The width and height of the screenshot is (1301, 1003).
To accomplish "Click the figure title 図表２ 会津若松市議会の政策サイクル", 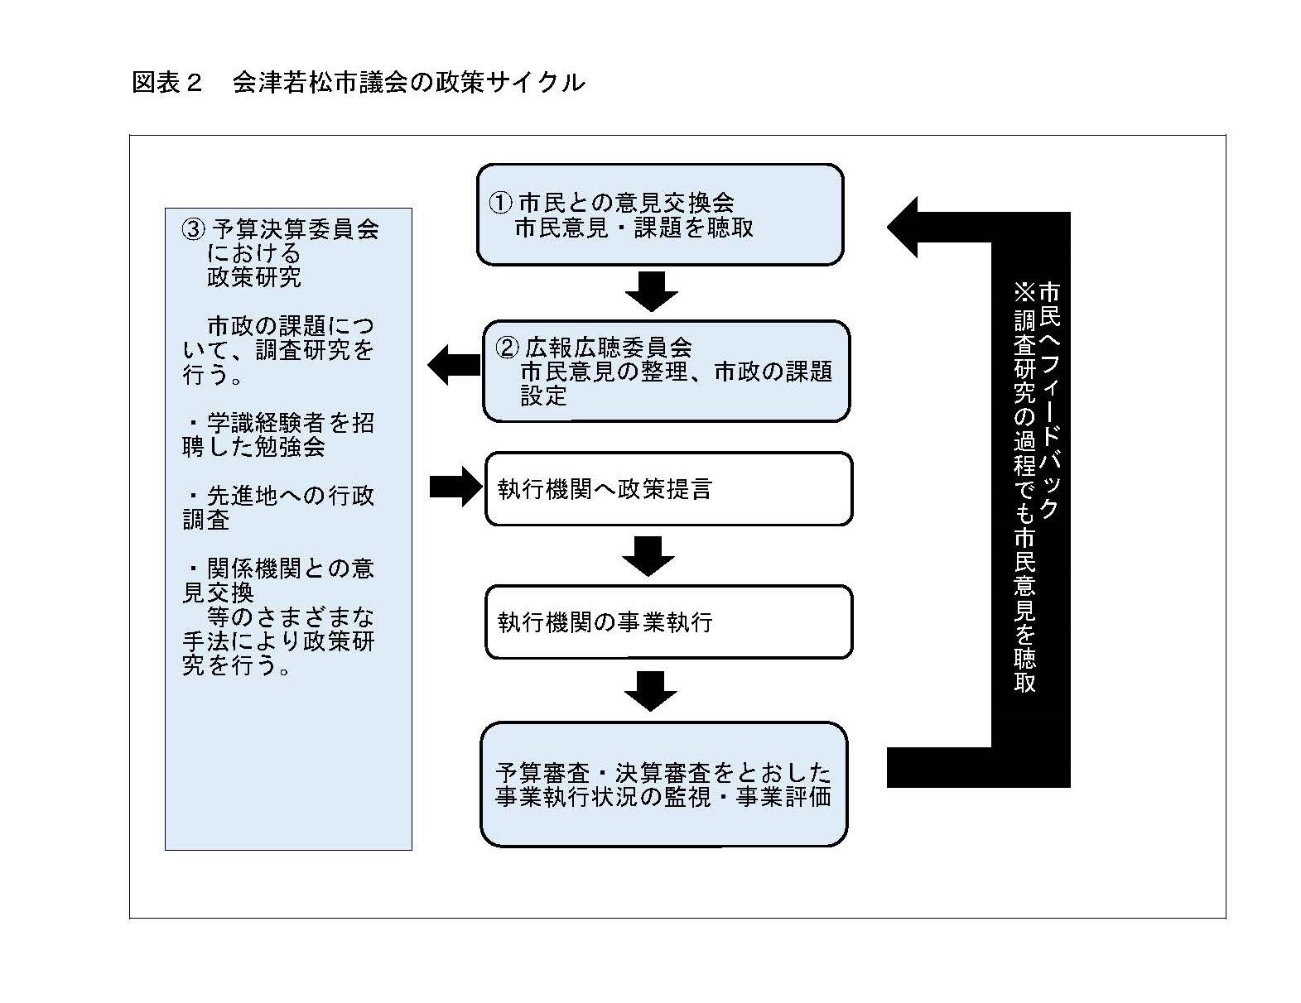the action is tap(358, 83).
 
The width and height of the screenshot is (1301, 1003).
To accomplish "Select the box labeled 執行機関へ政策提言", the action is tap(668, 488).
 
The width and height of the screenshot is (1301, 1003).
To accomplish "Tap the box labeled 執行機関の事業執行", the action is tap(668, 622).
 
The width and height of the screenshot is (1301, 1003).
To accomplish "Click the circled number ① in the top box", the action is tap(500, 203).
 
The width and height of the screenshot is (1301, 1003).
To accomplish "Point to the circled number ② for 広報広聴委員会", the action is tap(507, 348).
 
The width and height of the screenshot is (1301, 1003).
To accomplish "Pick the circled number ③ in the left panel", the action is tap(194, 229).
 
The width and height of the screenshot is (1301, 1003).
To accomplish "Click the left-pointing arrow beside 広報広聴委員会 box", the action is tap(453, 365).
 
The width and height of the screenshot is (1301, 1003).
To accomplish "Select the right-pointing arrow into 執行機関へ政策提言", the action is tap(456, 487).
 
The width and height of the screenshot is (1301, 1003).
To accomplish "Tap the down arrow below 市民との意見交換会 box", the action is tap(652, 292).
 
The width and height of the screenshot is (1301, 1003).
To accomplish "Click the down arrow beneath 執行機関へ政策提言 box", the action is tap(648, 556).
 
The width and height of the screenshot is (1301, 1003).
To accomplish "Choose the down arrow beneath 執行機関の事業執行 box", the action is tap(650, 691).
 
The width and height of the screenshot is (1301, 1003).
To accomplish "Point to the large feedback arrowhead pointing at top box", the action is tap(903, 228).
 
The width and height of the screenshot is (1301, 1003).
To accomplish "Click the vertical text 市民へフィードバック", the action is tap(1049, 400).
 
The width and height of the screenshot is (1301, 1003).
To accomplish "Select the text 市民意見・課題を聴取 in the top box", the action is tap(634, 228).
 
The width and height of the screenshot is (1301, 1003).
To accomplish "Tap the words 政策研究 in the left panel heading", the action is tap(254, 277).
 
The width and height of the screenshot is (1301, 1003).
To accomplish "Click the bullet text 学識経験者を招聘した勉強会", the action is tap(279, 434).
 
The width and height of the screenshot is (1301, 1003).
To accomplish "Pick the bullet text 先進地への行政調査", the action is tap(279, 507).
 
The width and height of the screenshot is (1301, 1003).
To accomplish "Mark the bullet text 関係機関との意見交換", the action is tap(279, 580).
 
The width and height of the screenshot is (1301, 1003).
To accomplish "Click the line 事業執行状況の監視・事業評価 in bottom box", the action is tap(663, 797).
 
